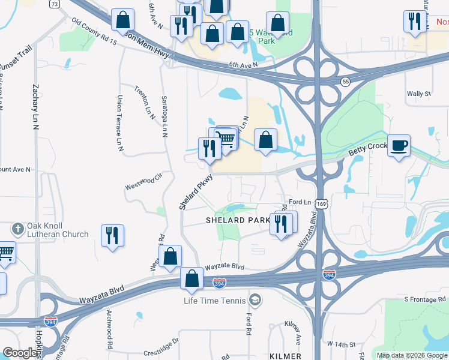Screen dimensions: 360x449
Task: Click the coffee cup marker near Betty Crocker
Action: click(x=399, y=146)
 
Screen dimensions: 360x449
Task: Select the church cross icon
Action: click(x=18, y=229)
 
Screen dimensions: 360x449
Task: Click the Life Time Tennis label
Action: click(x=215, y=300)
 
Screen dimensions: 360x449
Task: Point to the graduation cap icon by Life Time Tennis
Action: click(x=255, y=299)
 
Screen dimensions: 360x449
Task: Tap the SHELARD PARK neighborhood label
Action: click(x=238, y=220)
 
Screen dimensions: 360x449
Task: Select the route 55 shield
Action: click(x=345, y=81)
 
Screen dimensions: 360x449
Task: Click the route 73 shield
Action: click(x=55, y=4)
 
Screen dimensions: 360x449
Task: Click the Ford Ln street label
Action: click(x=300, y=202)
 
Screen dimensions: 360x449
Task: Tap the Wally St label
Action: click(x=419, y=94)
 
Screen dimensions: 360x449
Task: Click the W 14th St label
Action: click(x=340, y=344)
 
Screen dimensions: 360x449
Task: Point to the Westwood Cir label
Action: click(x=144, y=182)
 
